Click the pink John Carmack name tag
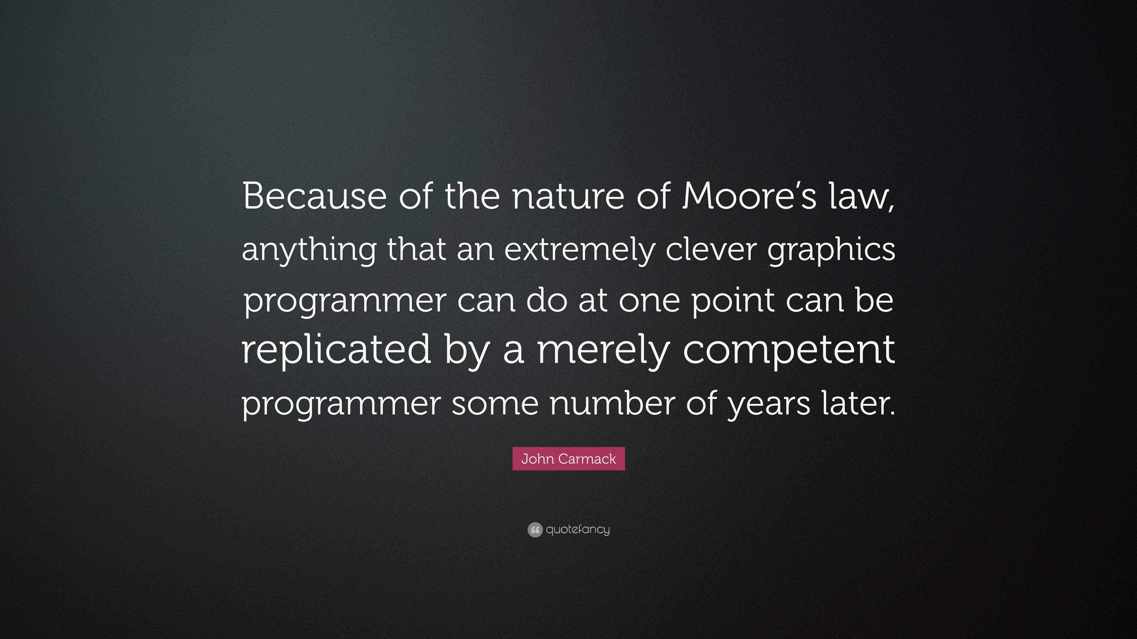pos(568,459)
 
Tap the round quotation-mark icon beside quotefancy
pos(534,530)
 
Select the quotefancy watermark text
pos(578,530)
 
